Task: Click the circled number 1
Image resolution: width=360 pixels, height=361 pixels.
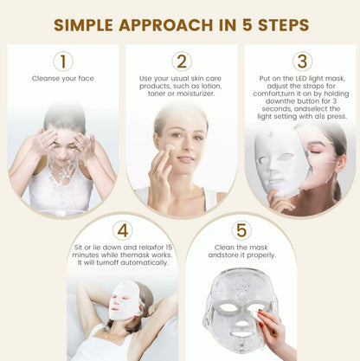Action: (62, 61)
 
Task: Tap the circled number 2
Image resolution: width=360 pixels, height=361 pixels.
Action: (181, 61)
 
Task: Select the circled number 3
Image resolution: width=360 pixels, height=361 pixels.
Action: (300, 61)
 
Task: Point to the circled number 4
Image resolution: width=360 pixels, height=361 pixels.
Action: (122, 230)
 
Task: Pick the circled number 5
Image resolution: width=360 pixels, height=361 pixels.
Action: (241, 230)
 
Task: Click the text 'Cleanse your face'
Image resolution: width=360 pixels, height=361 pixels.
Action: (62, 78)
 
